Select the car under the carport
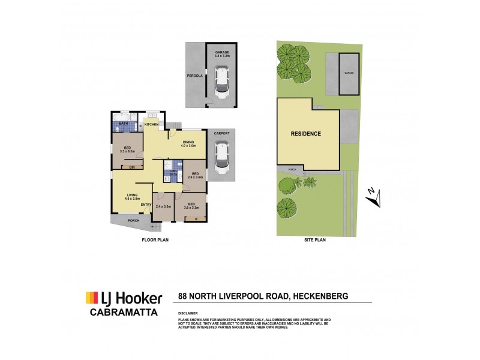(x=221, y=158)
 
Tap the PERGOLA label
(x=193, y=76)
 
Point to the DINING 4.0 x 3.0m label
(x=189, y=143)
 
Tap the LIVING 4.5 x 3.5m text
(x=132, y=196)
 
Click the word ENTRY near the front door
(x=145, y=205)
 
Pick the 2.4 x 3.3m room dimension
(x=163, y=206)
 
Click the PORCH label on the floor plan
(x=134, y=220)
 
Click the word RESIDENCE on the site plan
(x=306, y=134)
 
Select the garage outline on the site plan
(x=349, y=73)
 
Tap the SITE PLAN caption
(x=315, y=239)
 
